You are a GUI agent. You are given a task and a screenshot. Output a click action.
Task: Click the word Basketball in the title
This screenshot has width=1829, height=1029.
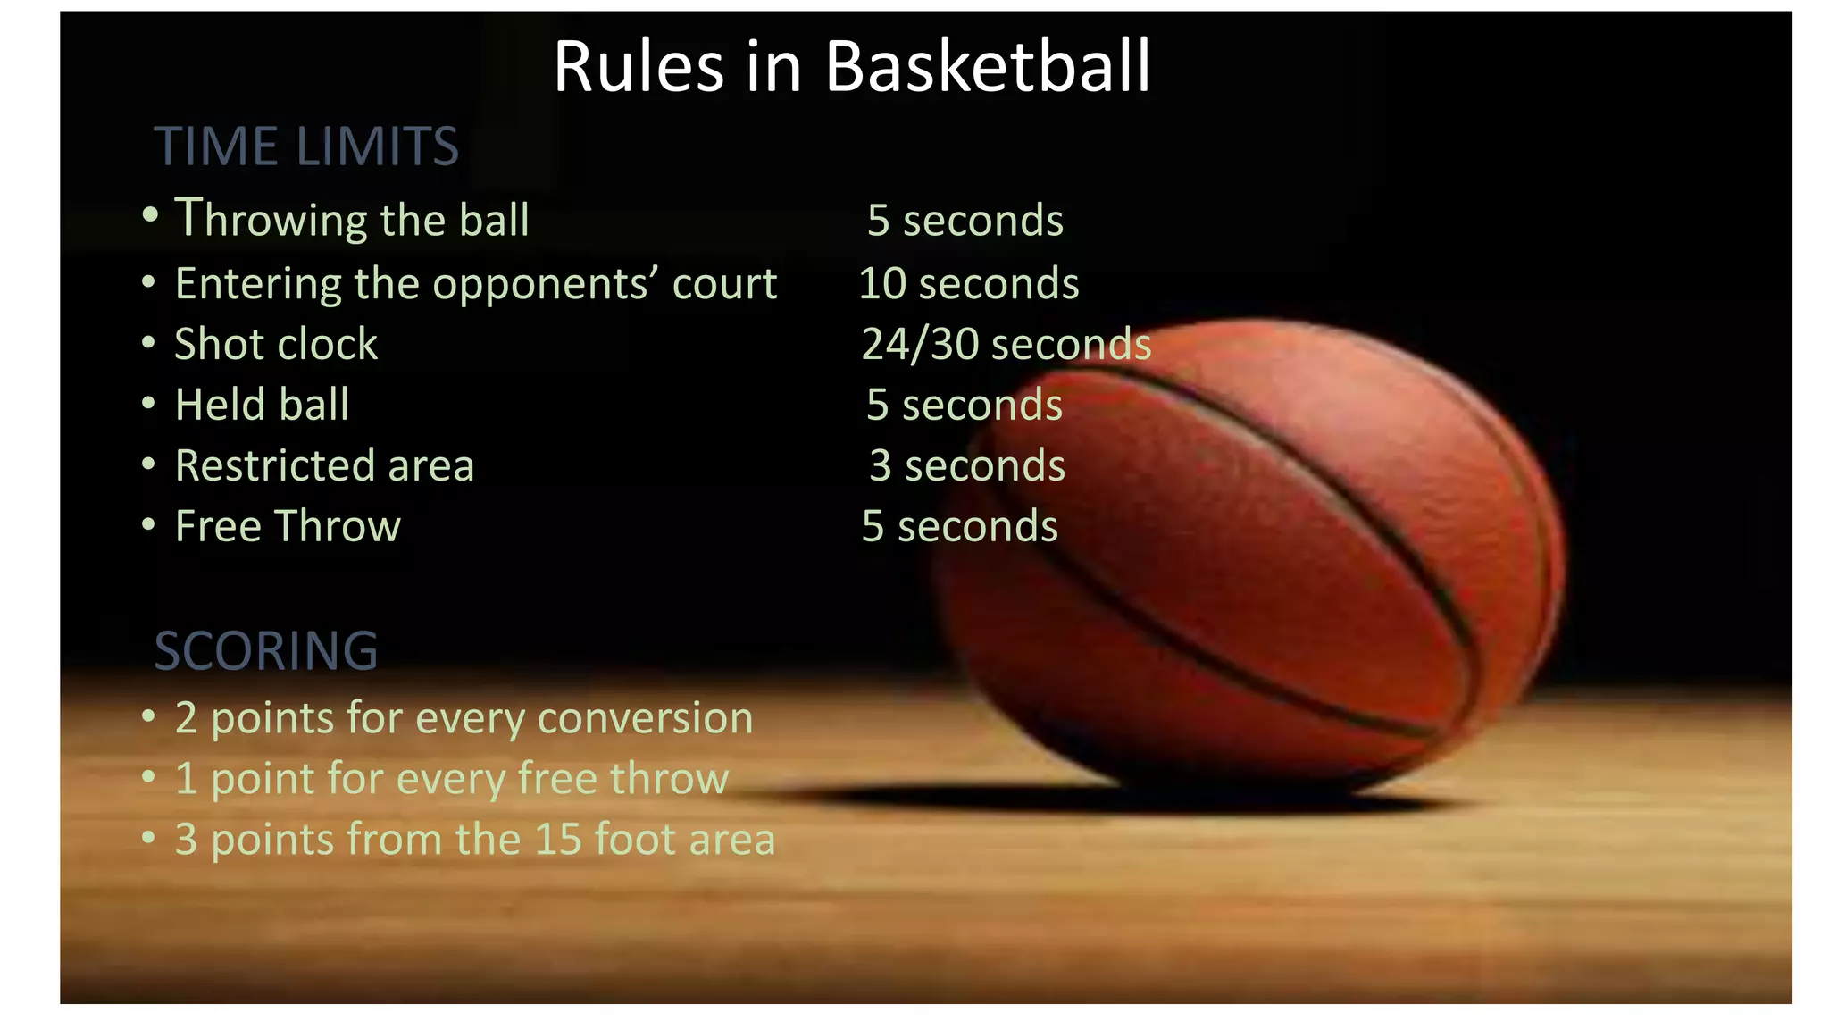[x=988, y=67]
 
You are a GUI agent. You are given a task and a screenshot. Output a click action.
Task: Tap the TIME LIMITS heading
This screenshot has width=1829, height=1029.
[x=306, y=146]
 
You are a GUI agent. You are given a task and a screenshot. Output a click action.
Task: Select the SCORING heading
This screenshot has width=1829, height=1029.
[x=266, y=651]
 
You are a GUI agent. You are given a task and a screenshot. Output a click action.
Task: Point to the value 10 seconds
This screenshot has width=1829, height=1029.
[x=969, y=284]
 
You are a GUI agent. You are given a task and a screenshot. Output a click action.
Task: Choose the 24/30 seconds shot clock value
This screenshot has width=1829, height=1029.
[x=1006, y=345]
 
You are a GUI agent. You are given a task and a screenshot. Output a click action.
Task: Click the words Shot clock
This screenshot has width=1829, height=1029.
[x=276, y=345]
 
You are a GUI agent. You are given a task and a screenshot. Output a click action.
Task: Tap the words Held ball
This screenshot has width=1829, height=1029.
[x=262, y=405]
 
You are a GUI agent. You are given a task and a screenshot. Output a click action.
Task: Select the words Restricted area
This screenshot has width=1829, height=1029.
[x=324, y=465]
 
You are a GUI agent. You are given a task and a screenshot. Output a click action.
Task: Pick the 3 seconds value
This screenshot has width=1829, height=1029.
[x=967, y=465]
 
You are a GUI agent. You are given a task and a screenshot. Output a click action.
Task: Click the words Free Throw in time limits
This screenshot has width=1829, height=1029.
[x=288, y=526]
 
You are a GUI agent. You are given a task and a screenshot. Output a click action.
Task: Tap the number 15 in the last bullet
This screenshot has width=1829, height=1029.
[x=558, y=840]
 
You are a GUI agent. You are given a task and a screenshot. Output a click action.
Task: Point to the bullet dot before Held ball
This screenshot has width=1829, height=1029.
[x=148, y=404]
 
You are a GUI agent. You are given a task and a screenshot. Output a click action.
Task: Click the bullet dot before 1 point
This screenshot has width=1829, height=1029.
[x=148, y=777]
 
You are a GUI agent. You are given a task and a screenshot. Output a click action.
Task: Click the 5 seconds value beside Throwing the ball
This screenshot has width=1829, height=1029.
[x=965, y=221]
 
